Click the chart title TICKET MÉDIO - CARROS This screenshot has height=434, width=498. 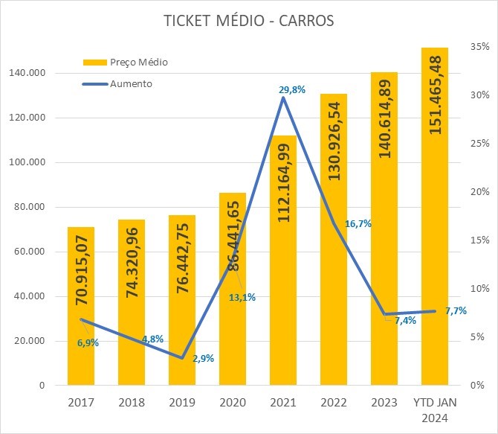tap(249, 21)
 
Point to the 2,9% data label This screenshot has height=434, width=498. tap(203, 358)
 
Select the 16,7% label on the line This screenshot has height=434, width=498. tap(358, 223)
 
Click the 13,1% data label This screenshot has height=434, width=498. tap(242, 297)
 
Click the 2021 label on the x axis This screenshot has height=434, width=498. tap(283, 403)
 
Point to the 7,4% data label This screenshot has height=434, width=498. tap(405, 321)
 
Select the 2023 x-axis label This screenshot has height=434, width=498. tap(384, 403)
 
